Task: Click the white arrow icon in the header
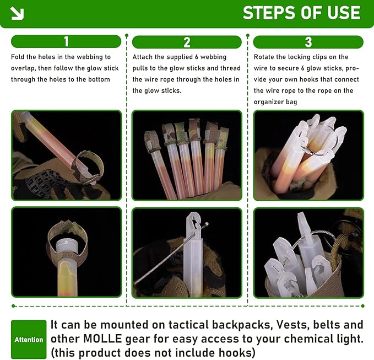[17, 13]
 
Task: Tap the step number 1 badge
[66, 41]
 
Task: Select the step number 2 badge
[187, 42]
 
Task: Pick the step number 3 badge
[308, 42]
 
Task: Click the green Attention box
[29, 340]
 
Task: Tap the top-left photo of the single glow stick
[66, 155]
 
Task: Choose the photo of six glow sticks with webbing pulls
[187, 155]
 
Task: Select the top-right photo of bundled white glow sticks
[308, 155]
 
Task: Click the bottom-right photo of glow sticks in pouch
[308, 252]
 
